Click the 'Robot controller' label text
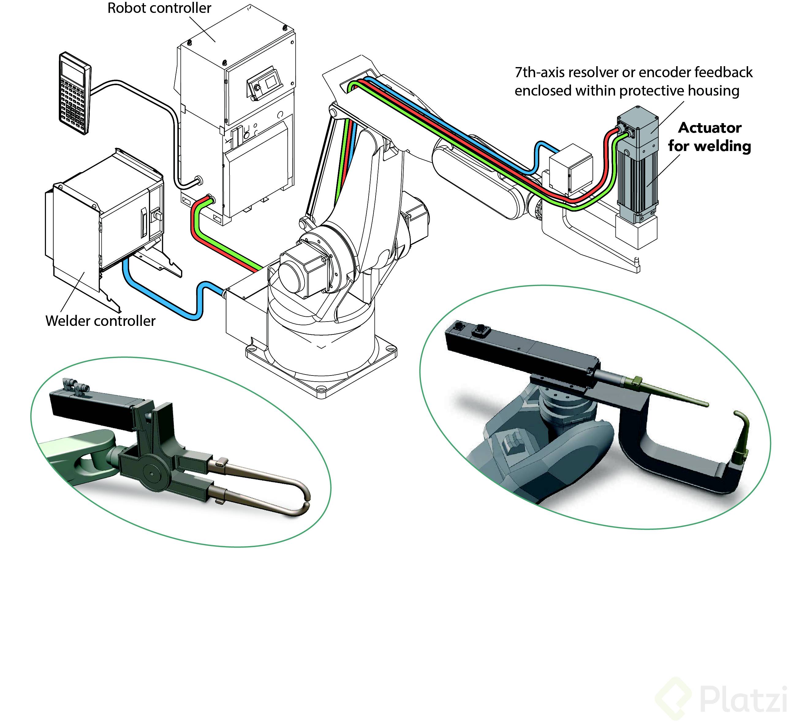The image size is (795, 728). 159,8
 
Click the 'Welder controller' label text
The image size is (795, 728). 100,321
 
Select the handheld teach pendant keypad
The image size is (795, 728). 74,93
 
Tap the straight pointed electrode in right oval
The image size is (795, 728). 670,394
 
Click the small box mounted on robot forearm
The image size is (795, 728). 570,169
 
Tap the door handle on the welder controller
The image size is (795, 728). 144,225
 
